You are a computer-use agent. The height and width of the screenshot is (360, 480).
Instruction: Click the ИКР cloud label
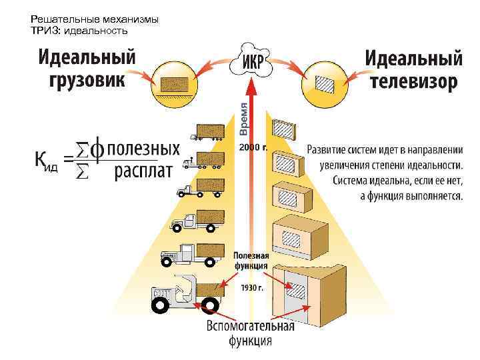point(251,60)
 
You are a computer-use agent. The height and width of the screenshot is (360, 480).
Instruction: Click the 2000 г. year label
point(253,147)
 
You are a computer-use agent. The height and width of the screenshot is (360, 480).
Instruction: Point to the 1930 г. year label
point(253,289)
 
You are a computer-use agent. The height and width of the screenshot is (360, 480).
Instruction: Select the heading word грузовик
point(87,81)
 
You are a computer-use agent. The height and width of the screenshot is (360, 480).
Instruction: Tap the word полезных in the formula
point(143,147)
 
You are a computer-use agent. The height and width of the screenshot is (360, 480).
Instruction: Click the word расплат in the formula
point(143,172)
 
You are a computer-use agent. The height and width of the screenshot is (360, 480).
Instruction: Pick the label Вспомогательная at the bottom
point(250,327)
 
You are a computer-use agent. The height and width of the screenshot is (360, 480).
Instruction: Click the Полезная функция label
point(251,261)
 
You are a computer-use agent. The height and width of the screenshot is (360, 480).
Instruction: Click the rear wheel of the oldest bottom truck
point(211,305)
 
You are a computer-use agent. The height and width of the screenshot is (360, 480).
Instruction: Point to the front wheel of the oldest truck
point(161,305)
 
